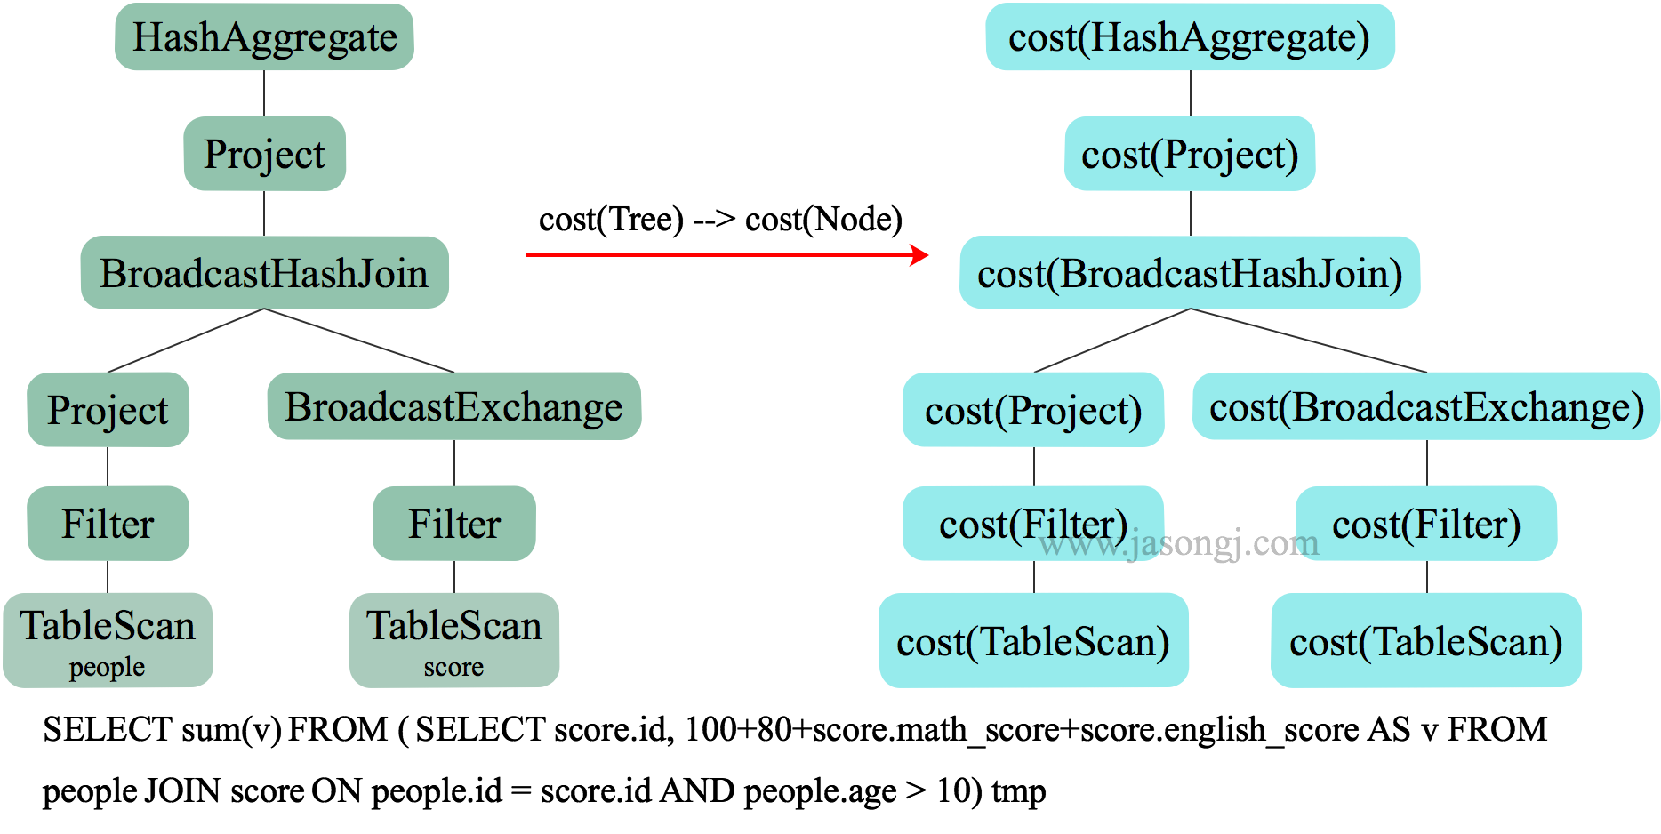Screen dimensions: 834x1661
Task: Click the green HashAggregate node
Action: pos(264,37)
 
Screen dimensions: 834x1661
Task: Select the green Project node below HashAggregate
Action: pos(264,154)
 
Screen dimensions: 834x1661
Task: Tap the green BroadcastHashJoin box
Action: pos(264,273)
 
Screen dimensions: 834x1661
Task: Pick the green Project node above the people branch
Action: pos(108,410)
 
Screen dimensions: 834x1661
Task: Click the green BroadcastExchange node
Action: pos(453,406)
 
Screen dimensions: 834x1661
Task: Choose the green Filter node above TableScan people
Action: pos(108,524)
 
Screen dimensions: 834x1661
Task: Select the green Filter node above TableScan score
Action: pos(453,524)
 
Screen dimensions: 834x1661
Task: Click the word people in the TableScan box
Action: pos(107,667)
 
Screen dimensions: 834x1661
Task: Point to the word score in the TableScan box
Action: pos(453,667)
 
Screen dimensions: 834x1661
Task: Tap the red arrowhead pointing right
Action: pos(921,255)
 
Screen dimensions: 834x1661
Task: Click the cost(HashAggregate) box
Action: pos(1190,37)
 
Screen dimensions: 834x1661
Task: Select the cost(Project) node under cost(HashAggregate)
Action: pos(1190,154)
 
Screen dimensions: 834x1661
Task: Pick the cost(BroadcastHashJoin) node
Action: pos(1190,273)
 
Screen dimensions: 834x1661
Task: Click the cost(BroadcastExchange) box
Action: pos(1426,406)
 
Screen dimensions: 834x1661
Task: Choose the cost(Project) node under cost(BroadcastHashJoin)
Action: pos(1033,410)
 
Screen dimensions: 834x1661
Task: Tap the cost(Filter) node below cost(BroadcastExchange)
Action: pos(1426,524)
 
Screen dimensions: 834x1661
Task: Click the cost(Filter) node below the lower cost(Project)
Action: pos(1033,524)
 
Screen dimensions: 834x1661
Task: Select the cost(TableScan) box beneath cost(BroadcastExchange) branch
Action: pos(1426,641)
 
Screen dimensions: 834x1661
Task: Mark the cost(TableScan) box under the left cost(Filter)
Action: pos(1033,641)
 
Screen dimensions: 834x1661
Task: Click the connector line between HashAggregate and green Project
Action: pos(264,93)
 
